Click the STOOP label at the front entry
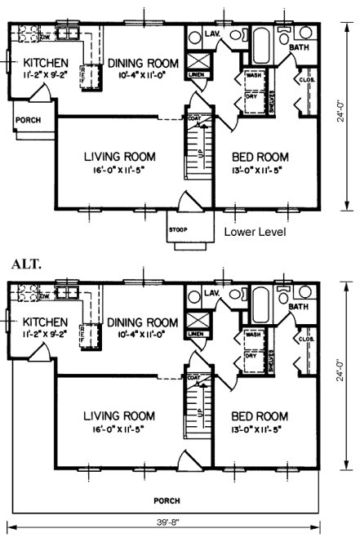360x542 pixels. point(179,229)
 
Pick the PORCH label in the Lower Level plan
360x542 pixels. point(26,122)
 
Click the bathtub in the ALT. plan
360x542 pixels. point(263,300)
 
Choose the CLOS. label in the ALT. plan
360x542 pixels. point(306,339)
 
